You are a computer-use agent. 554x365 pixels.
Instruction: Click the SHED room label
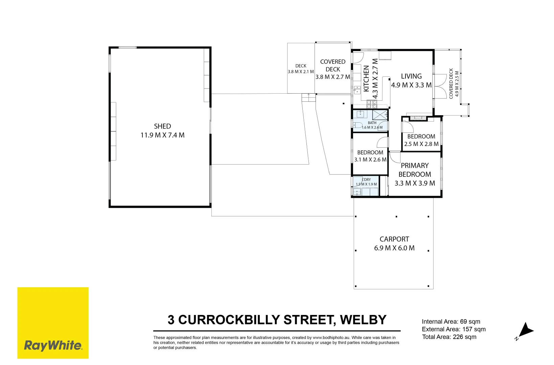(162, 126)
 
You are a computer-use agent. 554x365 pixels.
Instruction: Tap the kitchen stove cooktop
(372, 104)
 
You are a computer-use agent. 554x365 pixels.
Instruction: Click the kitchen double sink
(357, 90)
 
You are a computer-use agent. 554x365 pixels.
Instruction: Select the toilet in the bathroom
(358, 125)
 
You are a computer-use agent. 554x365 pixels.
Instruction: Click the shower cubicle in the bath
(380, 115)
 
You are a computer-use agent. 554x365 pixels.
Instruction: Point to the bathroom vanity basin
(361, 114)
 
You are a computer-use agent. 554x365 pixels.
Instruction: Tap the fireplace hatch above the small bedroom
(418, 118)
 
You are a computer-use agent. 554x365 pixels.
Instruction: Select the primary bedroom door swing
(395, 157)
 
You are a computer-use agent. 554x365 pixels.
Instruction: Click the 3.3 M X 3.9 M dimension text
(415, 183)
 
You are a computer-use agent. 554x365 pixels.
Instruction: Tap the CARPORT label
(394, 239)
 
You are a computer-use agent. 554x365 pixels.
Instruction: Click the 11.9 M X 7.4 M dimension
(162, 135)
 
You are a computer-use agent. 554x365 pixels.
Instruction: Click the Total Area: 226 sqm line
(449, 337)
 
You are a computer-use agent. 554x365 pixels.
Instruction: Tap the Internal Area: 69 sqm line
(451, 321)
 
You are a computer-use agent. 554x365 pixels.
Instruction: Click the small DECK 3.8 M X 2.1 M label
(301, 69)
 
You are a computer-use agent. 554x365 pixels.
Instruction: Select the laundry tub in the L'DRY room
(357, 192)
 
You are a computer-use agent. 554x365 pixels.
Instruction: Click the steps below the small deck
(308, 97)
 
